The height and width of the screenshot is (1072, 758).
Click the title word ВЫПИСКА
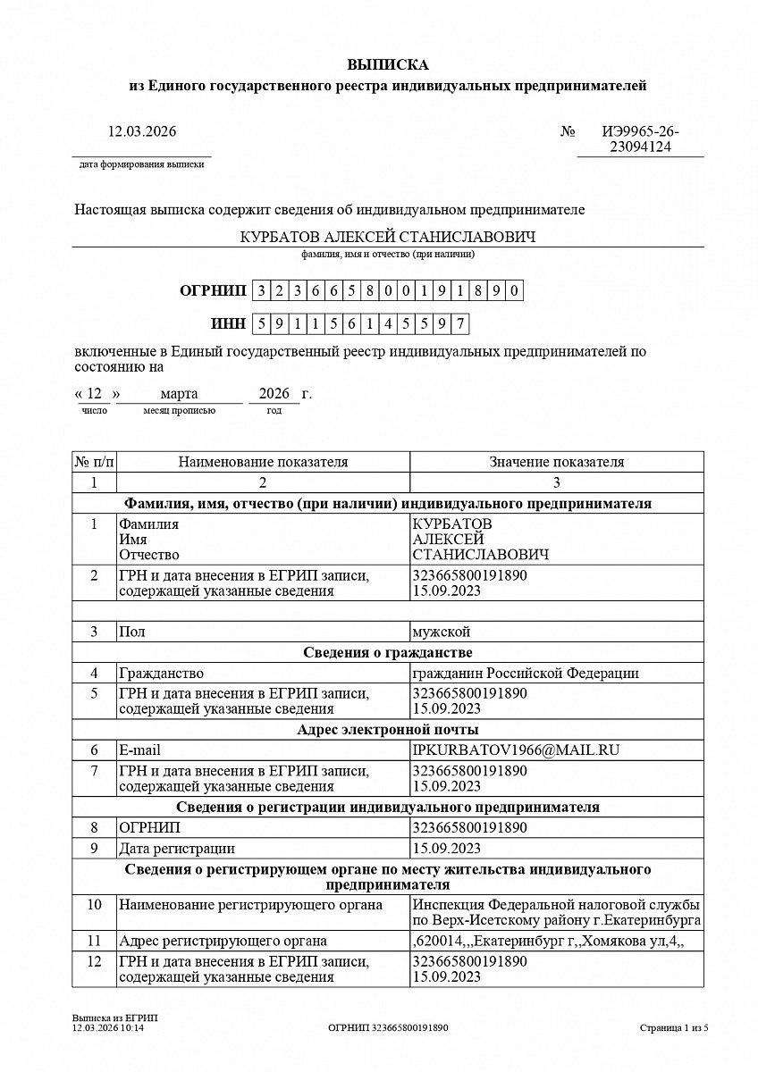click(387, 65)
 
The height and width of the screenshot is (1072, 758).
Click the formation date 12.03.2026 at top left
click(142, 131)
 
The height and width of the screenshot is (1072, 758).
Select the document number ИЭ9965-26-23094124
click(640, 139)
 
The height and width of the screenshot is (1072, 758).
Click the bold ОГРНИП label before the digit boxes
click(212, 290)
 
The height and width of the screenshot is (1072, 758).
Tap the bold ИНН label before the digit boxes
click(227, 323)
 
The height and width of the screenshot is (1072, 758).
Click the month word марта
click(179, 394)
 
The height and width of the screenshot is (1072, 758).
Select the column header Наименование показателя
click(263, 462)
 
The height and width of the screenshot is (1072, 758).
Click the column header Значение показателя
click(556, 462)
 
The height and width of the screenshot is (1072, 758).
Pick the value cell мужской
click(441, 632)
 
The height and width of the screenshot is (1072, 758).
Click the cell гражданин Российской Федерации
click(526, 673)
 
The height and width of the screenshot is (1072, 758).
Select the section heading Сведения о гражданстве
click(387, 652)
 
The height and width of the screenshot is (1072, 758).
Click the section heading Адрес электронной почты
click(387, 729)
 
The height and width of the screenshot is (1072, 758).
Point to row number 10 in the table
click(94, 905)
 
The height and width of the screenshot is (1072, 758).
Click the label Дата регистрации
click(177, 848)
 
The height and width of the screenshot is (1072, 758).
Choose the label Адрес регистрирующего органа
click(223, 940)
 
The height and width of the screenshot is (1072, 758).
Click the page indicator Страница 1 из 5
click(674, 1028)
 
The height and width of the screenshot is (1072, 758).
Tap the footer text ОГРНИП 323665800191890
click(388, 1028)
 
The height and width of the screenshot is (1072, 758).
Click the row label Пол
click(131, 632)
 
